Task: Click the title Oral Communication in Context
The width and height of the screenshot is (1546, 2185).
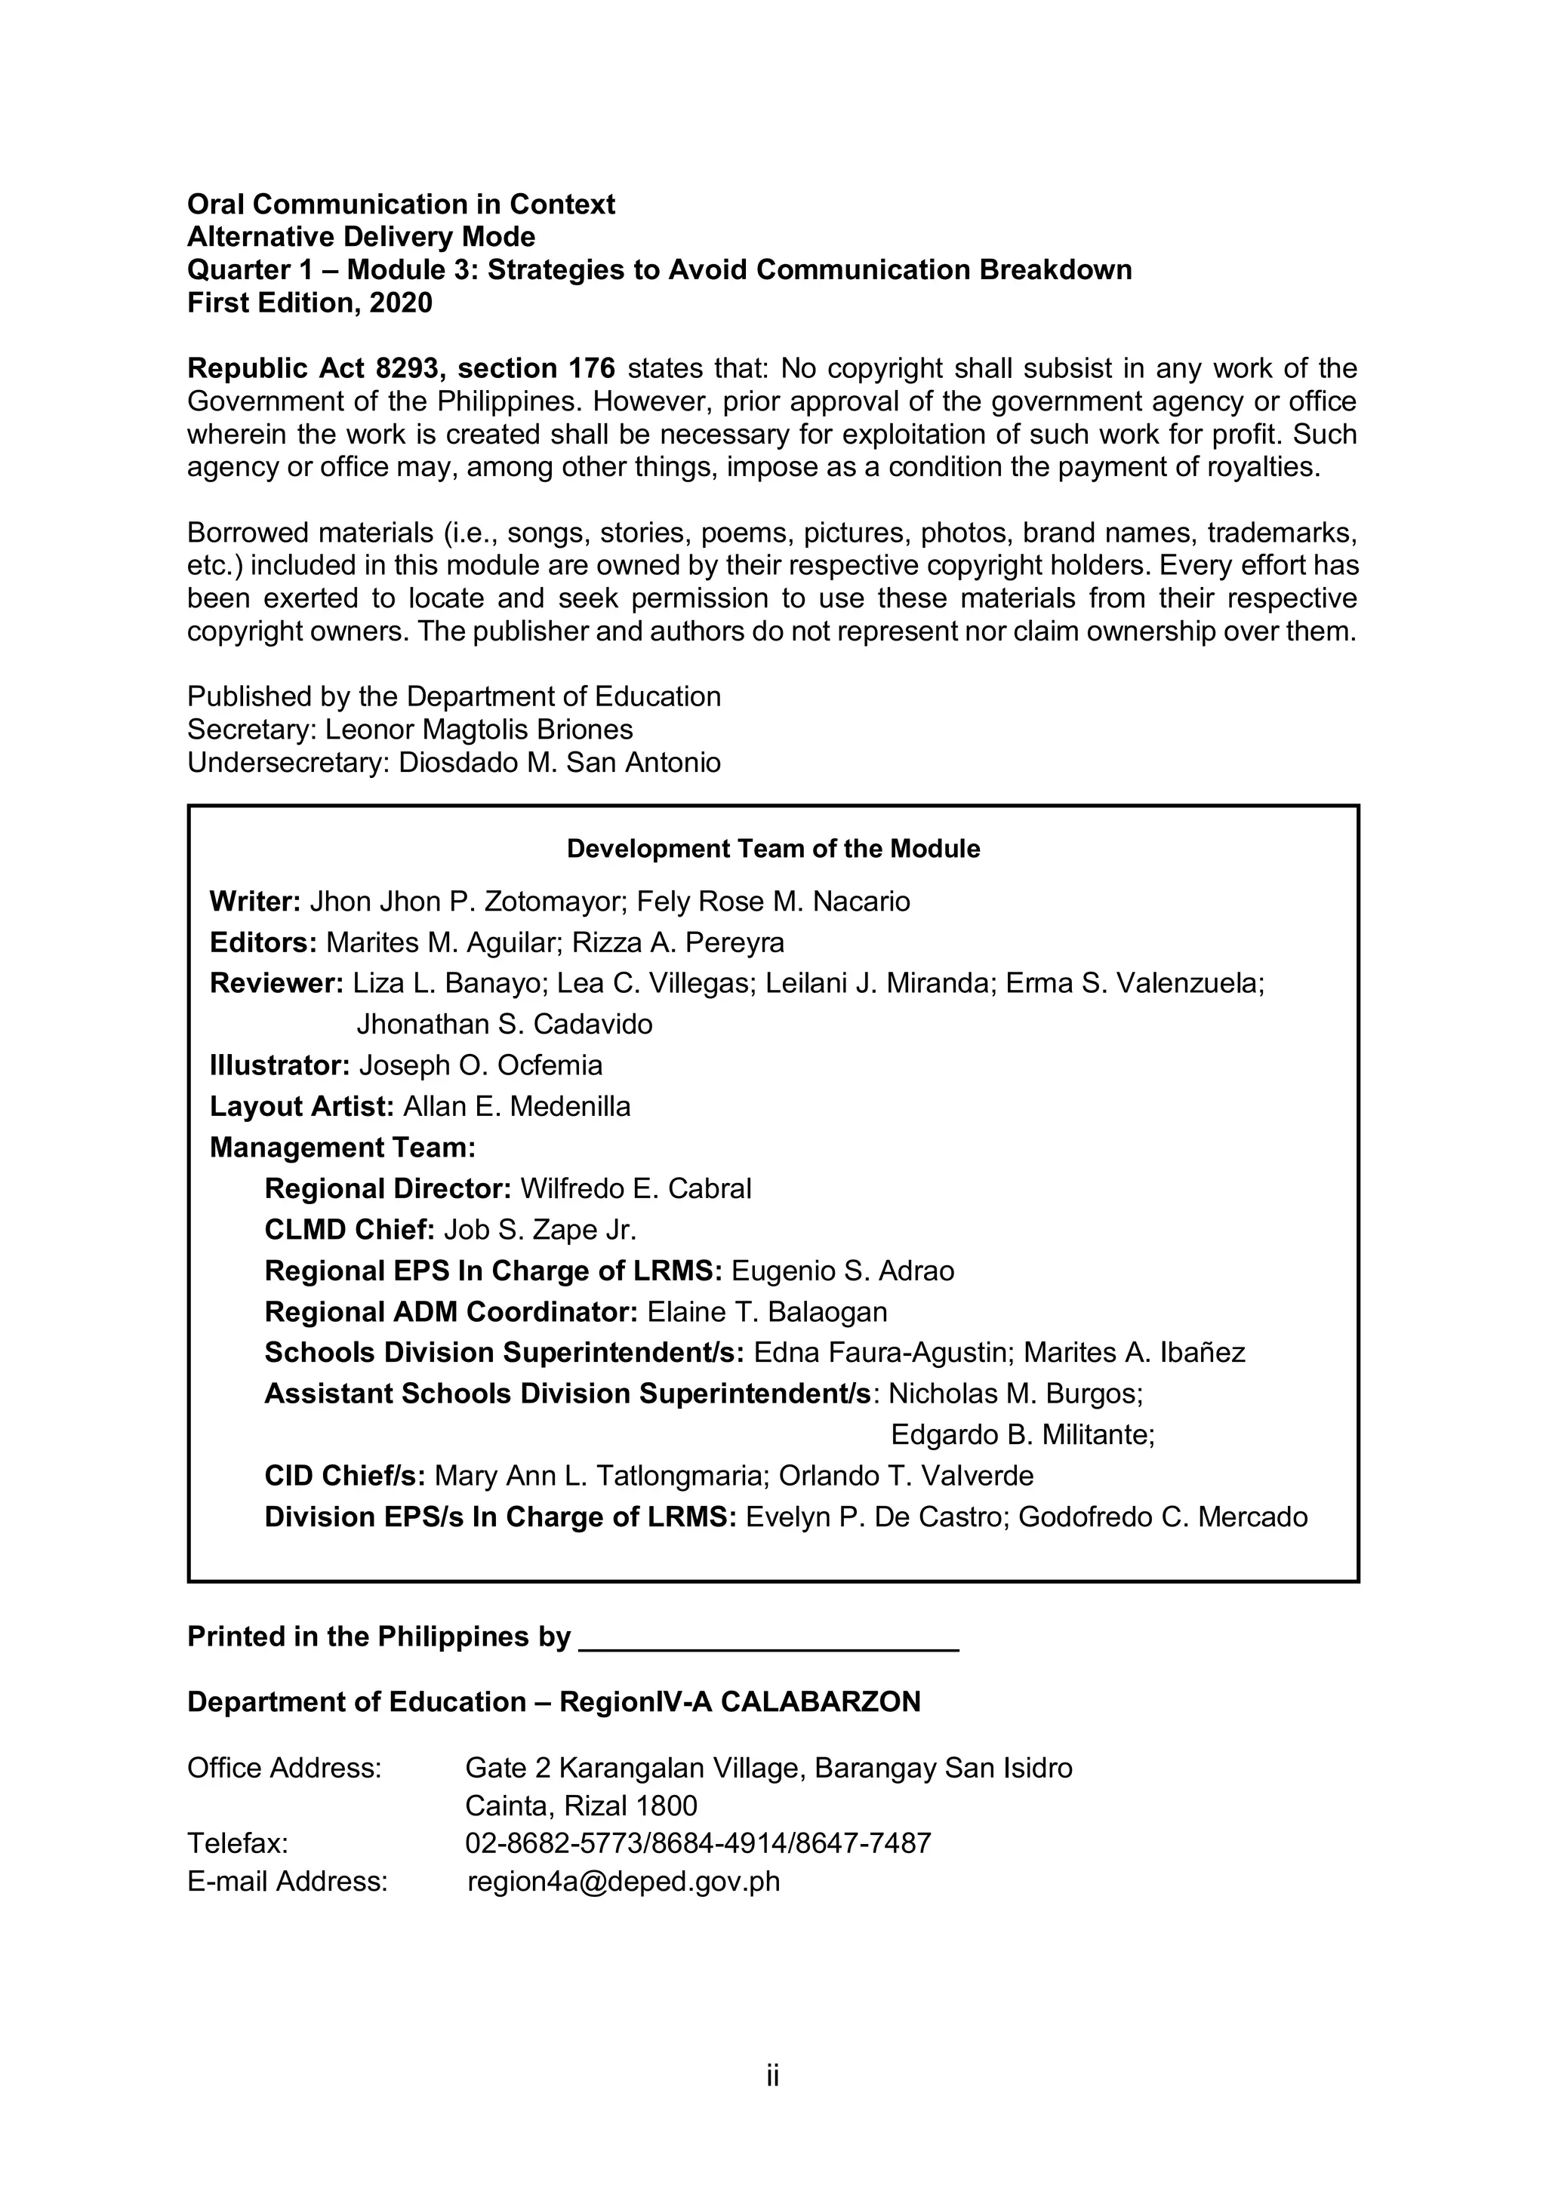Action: click(x=401, y=204)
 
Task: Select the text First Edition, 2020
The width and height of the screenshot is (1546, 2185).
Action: click(x=310, y=303)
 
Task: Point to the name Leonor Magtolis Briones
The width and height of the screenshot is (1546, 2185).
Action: click(x=479, y=730)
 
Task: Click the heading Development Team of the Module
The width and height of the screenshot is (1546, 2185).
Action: click(x=773, y=849)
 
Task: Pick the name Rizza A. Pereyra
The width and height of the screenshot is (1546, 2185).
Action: click(x=678, y=943)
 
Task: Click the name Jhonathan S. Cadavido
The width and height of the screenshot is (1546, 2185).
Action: click(x=504, y=1025)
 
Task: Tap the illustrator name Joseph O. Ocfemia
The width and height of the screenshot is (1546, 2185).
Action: click(x=481, y=1066)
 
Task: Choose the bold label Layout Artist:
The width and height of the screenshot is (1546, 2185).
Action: click(x=302, y=1107)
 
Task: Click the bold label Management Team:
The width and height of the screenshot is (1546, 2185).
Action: click(x=343, y=1148)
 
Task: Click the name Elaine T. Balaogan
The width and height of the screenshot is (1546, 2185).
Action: click(x=767, y=1312)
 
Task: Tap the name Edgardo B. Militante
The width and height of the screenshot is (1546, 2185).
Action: click(x=1021, y=1435)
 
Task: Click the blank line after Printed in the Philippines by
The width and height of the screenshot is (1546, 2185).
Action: click(x=768, y=1639)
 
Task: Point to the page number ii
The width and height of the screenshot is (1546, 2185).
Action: click(x=772, y=2076)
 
